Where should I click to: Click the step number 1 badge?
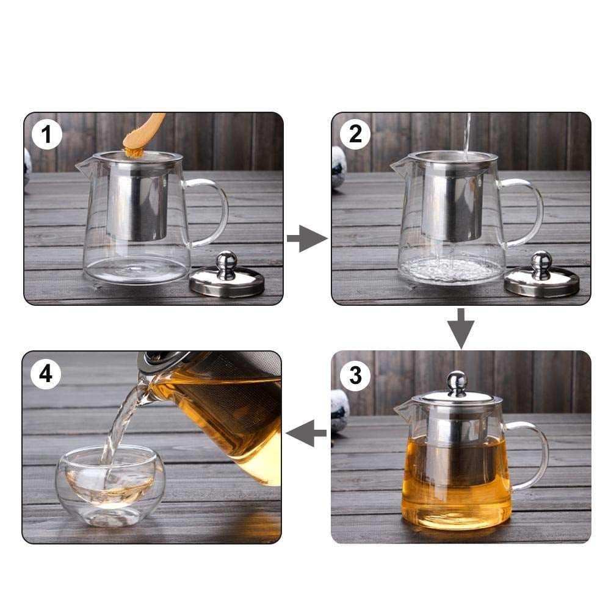46,134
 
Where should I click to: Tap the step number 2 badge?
355,134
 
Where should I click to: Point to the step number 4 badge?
46,372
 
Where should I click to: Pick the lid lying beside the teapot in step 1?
226,279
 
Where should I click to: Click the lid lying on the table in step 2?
541,279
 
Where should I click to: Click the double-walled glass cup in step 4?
110,485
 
